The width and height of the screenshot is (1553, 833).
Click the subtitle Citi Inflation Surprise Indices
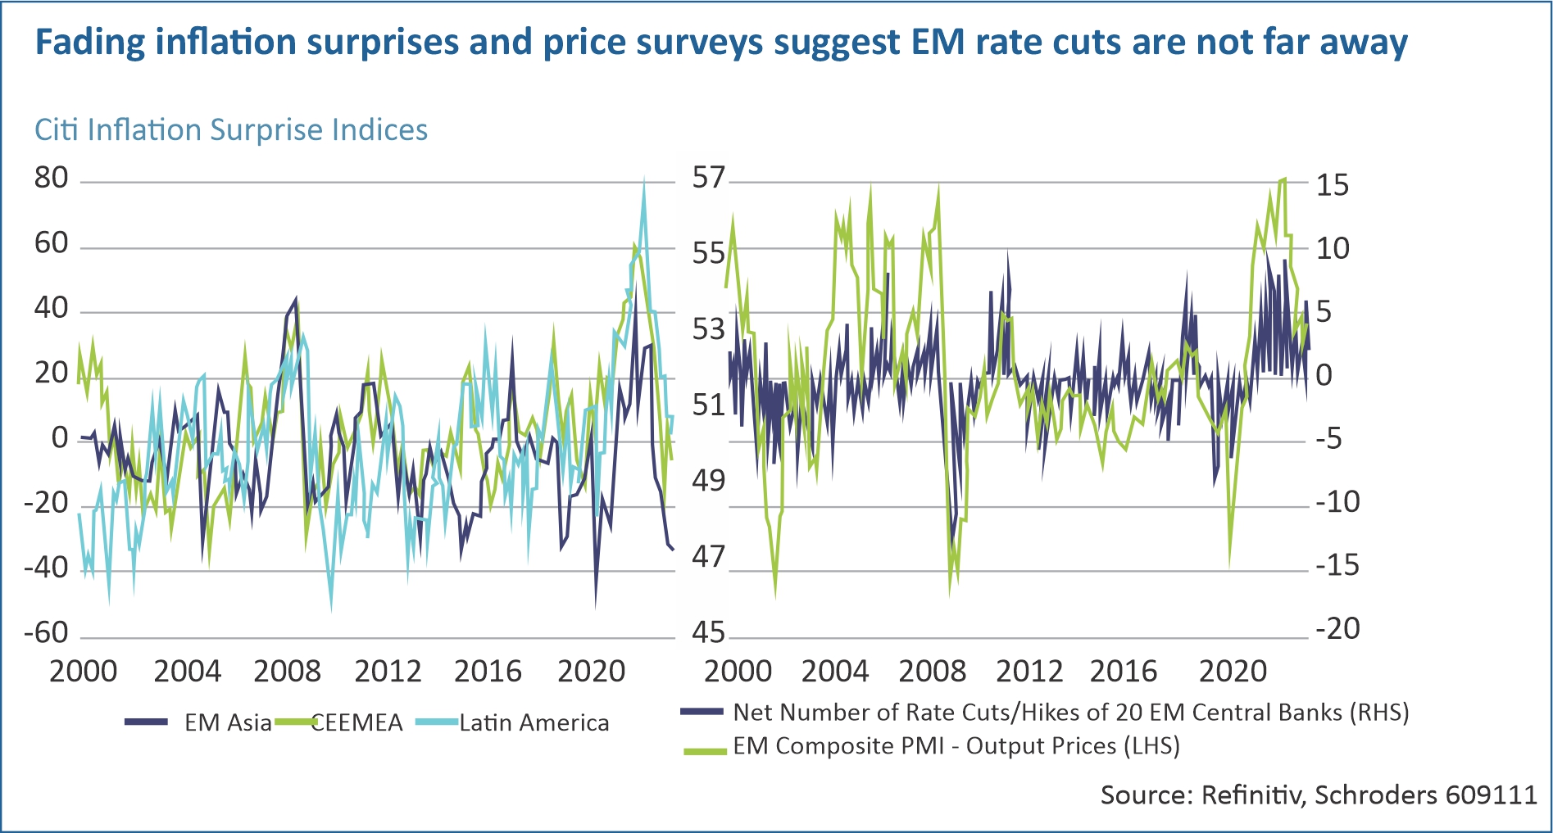pos(230,130)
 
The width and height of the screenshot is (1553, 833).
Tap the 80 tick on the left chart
pos(51,179)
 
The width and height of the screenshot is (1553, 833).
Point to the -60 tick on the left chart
pos(46,633)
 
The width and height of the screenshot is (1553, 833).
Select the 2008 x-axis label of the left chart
pos(287,672)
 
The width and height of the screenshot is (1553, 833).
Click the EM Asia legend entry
pos(227,722)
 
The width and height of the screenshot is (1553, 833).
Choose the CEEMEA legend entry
pos(357,722)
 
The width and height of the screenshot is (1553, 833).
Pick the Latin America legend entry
pos(534,722)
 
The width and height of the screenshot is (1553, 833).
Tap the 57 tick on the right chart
pos(709,178)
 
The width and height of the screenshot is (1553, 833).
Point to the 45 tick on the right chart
pos(709,633)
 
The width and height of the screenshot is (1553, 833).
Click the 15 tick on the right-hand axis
pos(1332,185)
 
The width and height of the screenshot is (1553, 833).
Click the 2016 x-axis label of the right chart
pos(1123,672)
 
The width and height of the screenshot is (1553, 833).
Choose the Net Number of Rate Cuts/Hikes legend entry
pos(1070,713)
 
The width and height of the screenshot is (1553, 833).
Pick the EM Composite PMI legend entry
pos(956,746)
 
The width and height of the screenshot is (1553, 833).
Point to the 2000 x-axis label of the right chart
pos(738,672)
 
